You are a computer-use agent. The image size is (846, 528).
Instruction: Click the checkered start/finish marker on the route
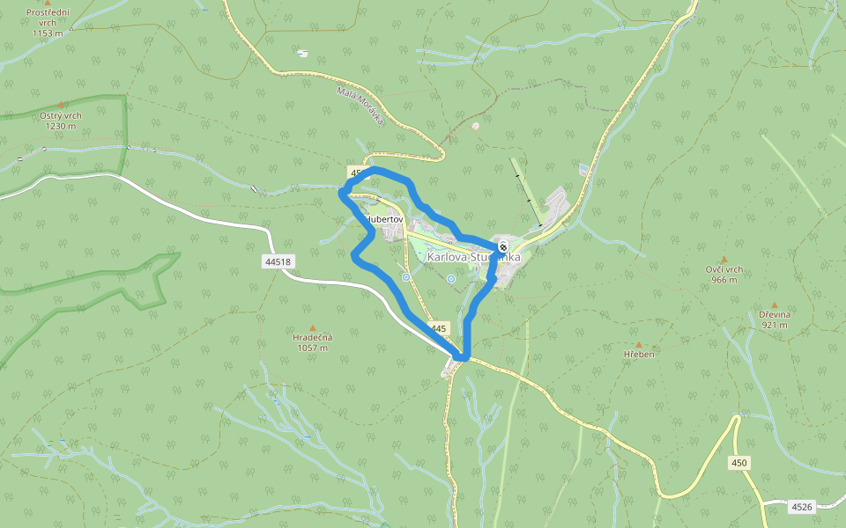[x=502, y=246]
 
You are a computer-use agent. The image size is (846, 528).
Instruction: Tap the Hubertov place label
[x=383, y=219]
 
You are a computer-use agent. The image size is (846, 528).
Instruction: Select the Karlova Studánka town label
[x=473, y=257]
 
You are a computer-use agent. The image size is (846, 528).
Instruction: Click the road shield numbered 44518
[x=277, y=261]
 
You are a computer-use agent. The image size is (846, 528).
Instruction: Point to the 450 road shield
[x=739, y=463]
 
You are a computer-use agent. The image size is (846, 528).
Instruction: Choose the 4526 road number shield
[x=801, y=507]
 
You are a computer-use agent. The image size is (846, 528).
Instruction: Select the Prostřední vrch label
[x=48, y=22]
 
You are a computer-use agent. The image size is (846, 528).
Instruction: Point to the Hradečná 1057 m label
[x=312, y=341]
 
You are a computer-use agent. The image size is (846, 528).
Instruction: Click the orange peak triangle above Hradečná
[x=312, y=327]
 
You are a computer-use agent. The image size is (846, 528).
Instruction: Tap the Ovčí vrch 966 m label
[x=724, y=275]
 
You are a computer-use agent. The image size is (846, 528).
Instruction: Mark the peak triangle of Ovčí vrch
[x=724, y=260]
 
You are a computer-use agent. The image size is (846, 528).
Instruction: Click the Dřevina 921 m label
[x=774, y=319]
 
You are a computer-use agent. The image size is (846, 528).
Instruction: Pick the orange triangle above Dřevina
[x=774, y=304]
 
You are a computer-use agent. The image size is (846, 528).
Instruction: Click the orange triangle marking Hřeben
[x=639, y=344]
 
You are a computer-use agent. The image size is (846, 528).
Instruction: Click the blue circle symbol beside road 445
[x=405, y=277]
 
